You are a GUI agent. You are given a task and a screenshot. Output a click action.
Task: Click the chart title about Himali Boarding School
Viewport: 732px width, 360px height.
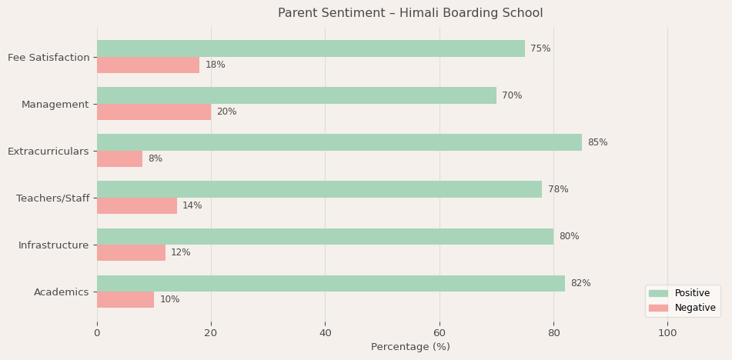(410, 13)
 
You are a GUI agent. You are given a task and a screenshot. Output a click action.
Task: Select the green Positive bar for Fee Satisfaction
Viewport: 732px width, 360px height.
(311, 48)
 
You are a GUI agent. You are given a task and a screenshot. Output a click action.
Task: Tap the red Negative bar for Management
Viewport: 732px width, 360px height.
(154, 112)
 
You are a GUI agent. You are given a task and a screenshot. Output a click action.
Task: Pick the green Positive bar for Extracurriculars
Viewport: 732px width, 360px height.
(339, 142)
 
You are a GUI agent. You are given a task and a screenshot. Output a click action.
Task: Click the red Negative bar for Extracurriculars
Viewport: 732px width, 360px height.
(119, 159)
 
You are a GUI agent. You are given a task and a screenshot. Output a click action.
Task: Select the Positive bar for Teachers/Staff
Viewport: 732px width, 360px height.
(319, 189)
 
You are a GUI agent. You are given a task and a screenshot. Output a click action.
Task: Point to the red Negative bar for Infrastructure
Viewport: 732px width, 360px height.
(131, 253)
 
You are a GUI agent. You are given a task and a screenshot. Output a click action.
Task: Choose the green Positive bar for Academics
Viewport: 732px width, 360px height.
(331, 283)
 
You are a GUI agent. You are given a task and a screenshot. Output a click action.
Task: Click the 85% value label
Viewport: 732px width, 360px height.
(597, 142)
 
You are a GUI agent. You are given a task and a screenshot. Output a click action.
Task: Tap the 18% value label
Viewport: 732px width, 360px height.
(215, 65)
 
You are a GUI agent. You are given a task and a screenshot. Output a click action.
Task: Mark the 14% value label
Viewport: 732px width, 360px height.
(192, 206)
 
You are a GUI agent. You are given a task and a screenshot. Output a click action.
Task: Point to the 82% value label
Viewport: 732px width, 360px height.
(580, 283)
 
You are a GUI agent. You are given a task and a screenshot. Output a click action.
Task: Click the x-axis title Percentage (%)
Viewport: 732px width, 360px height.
(410, 347)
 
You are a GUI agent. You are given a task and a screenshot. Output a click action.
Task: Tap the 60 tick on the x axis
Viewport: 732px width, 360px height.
(440, 333)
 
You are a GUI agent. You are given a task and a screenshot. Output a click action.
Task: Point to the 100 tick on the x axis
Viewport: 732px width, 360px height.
(667, 333)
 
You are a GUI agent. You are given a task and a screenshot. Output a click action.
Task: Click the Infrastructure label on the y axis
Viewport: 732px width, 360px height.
(54, 245)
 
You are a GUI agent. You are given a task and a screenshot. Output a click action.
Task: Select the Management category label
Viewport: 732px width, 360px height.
(55, 105)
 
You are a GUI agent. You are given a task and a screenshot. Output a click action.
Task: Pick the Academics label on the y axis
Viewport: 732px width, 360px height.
(62, 292)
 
